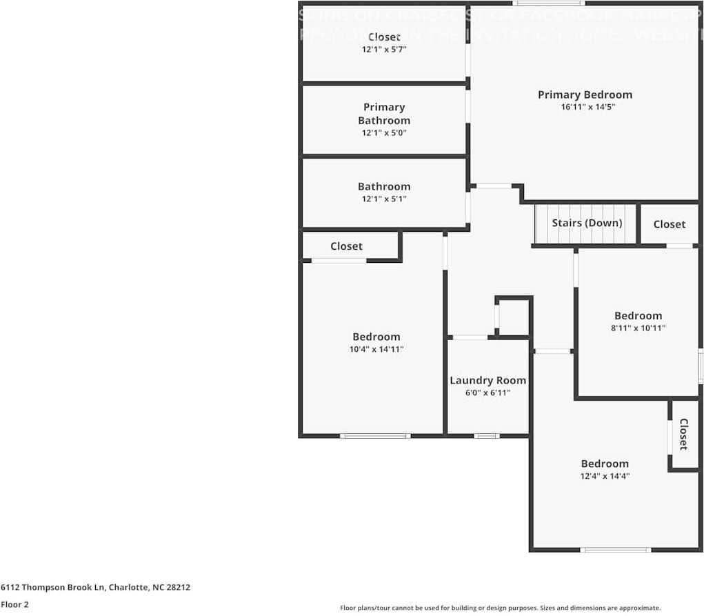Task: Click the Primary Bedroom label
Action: coord(585,95)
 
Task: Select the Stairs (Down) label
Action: coord(587,223)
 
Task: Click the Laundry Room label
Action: coord(487,380)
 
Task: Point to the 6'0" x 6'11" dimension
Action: coord(487,393)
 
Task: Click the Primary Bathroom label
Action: coord(384,113)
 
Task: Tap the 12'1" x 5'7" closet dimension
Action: coord(384,49)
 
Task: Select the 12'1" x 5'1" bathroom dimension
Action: coord(384,199)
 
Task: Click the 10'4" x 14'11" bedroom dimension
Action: coord(376,349)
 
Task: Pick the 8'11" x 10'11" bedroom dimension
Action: coord(638,328)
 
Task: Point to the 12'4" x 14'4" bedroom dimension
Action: coord(605,476)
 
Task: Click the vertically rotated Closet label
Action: coord(684,435)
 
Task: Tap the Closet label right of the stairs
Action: coord(669,224)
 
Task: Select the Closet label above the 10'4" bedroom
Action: coord(346,246)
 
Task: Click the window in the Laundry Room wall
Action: coord(487,435)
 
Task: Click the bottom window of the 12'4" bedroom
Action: coord(616,550)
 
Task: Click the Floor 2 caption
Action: coord(14,604)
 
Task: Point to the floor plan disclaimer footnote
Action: coord(500,608)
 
